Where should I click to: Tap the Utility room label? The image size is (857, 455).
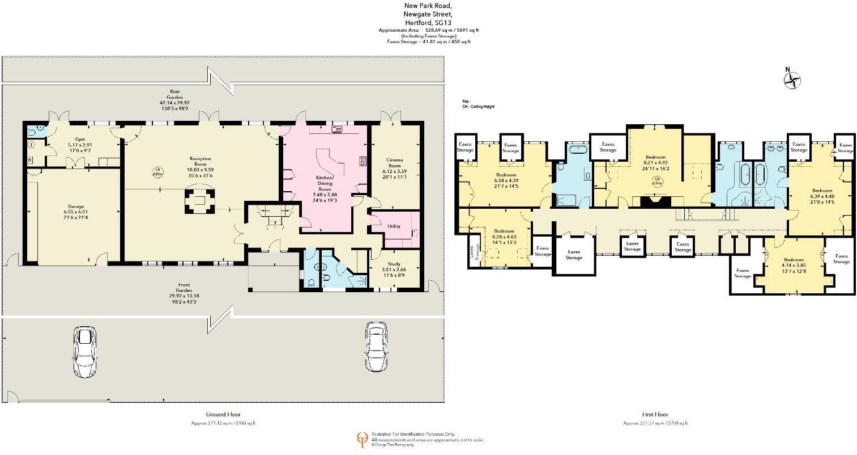394,226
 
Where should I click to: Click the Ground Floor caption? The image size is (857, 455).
223,415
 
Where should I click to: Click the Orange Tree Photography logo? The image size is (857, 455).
361,439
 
